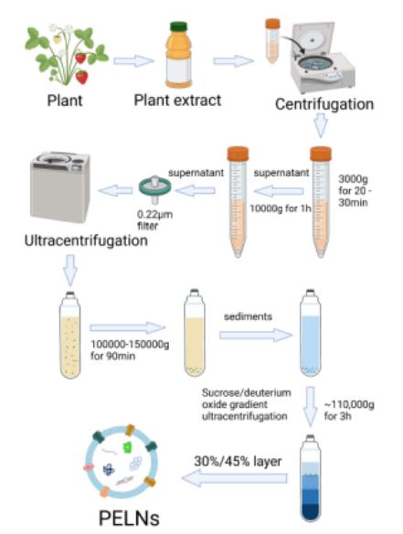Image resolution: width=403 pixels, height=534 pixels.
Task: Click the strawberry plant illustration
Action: pyautogui.click(x=67, y=55)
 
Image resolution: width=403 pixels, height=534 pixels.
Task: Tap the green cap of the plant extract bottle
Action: pyautogui.click(x=179, y=27)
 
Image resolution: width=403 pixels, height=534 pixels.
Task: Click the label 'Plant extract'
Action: pyautogui.click(x=177, y=101)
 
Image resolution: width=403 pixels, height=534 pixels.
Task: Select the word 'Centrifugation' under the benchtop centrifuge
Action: pyautogui.click(x=324, y=104)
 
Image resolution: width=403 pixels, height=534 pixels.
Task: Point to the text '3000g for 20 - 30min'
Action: pyautogui.click(x=355, y=191)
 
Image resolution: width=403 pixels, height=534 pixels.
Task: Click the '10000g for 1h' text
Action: pyautogui.click(x=281, y=208)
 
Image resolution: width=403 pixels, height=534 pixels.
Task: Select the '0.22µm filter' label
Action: pyautogui.click(x=154, y=220)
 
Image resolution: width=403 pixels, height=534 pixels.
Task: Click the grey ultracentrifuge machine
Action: pyautogui.click(x=60, y=187)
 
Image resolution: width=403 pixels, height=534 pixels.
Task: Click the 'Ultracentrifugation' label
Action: pyautogui.click(x=86, y=240)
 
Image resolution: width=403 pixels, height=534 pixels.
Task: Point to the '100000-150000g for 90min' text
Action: pyautogui.click(x=130, y=350)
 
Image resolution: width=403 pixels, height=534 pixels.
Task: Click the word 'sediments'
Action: pyautogui.click(x=248, y=316)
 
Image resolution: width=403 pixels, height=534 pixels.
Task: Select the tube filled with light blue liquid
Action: pyautogui.click(x=311, y=333)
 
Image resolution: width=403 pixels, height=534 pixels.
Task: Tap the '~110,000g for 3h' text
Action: pyautogui.click(x=349, y=411)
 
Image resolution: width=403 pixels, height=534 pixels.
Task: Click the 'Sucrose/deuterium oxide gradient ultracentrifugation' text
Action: pyautogui.click(x=247, y=404)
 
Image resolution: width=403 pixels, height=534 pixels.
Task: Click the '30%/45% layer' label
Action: pyautogui.click(x=238, y=462)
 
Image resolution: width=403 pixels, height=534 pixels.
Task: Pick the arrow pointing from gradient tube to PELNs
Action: pyautogui.click(x=234, y=478)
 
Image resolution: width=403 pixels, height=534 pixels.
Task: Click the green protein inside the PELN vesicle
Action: pyautogui.click(x=127, y=447)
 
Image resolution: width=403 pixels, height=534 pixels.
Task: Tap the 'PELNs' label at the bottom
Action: pyautogui.click(x=129, y=518)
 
